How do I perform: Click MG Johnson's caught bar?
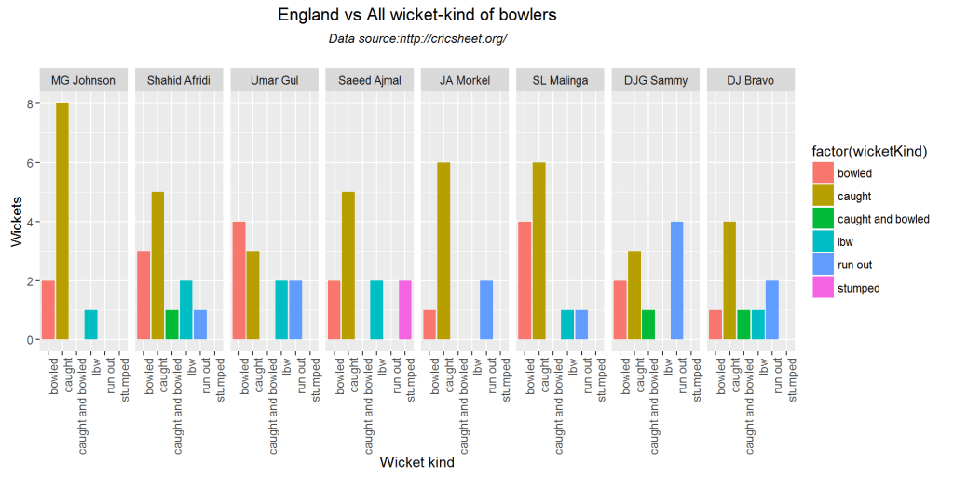point(62,222)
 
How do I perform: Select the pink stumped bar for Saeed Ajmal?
point(405,310)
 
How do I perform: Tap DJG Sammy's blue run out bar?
point(677,280)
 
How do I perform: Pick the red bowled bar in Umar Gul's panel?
point(238,280)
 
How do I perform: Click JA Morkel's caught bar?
point(443,252)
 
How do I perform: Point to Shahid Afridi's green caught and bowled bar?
point(171,325)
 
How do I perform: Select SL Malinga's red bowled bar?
point(524,280)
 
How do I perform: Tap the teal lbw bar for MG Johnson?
point(90,325)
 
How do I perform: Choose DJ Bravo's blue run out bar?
point(772,310)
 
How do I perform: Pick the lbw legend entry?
point(845,242)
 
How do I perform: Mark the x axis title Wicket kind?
point(416,462)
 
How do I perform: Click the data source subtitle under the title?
point(417,38)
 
